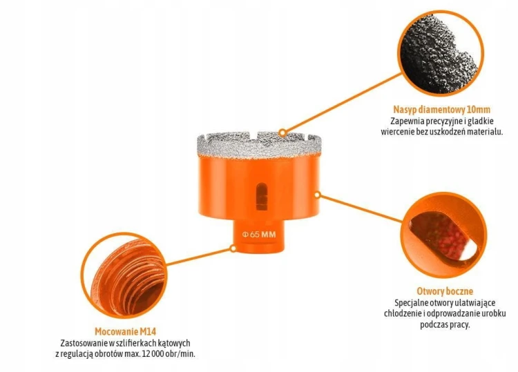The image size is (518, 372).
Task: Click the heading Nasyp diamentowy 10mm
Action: (442, 109)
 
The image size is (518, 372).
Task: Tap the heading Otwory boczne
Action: (445, 291)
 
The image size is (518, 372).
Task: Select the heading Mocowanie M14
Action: (125, 331)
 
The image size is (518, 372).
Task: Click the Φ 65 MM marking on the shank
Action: (259, 235)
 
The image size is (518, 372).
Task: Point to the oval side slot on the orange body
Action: (261, 197)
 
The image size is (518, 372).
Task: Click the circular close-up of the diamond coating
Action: (441, 53)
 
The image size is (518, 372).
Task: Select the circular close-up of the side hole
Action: (445, 235)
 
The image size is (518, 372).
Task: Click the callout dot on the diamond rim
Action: (282, 133)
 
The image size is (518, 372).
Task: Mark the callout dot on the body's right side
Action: (317, 195)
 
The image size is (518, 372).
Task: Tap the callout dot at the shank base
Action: (233, 248)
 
